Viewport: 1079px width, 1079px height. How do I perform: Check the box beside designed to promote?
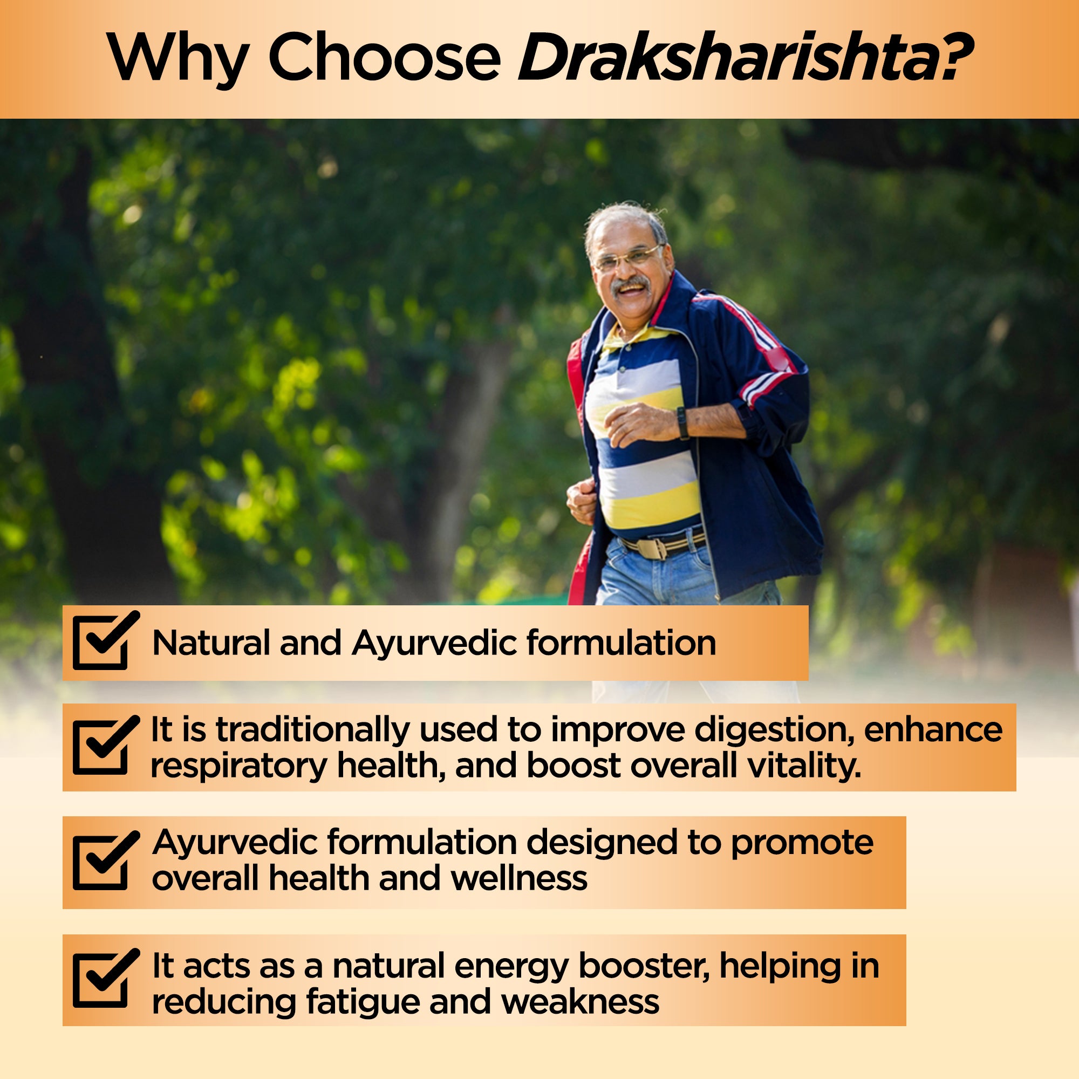(105, 860)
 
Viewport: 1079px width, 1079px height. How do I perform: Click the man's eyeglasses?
(628, 258)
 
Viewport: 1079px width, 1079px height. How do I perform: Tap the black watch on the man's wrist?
(682, 423)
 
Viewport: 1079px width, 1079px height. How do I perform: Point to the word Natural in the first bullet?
(211, 643)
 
